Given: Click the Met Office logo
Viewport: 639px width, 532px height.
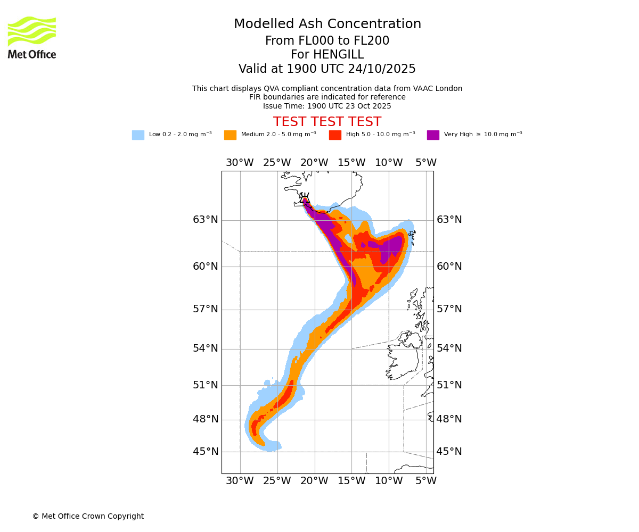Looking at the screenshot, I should [32, 37].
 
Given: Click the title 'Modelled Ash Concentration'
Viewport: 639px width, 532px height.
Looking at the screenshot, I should [327, 24].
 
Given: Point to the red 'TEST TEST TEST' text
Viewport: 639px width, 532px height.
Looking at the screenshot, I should [327, 122].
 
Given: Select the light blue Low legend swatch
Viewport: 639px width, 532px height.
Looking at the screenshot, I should [138, 135].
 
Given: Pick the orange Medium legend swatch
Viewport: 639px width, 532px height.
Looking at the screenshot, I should [230, 135].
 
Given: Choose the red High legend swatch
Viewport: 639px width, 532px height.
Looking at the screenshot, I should [335, 135].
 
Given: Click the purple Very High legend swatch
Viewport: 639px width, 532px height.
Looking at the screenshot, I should [433, 135].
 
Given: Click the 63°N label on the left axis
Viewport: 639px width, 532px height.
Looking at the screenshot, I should [206, 220].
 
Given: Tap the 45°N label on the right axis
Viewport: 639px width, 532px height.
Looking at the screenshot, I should [449, 452].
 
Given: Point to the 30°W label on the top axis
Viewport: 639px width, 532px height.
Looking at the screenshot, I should [240, 163].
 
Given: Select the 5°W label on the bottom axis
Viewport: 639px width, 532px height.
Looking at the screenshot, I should [426, 481].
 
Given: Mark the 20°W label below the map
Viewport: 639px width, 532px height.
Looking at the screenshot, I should [314, 481].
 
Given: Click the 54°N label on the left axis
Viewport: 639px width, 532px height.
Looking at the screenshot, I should [206, 348].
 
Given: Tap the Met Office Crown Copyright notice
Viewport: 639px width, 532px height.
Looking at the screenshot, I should [88, 516].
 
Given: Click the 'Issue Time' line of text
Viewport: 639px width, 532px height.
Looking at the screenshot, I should [327, 106].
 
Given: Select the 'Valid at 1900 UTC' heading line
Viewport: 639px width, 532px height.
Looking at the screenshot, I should [327, 69].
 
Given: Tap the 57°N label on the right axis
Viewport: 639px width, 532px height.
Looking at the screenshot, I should [449, 309].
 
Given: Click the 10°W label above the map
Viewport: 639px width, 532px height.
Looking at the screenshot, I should [389, 163].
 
